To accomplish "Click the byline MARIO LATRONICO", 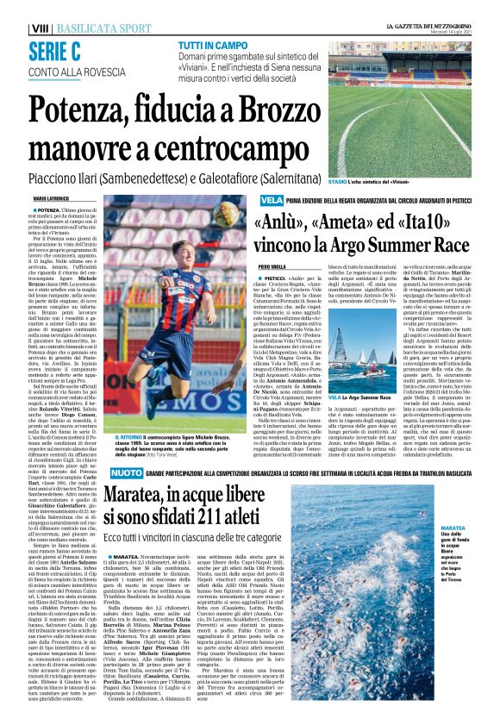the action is click(51, 198).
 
